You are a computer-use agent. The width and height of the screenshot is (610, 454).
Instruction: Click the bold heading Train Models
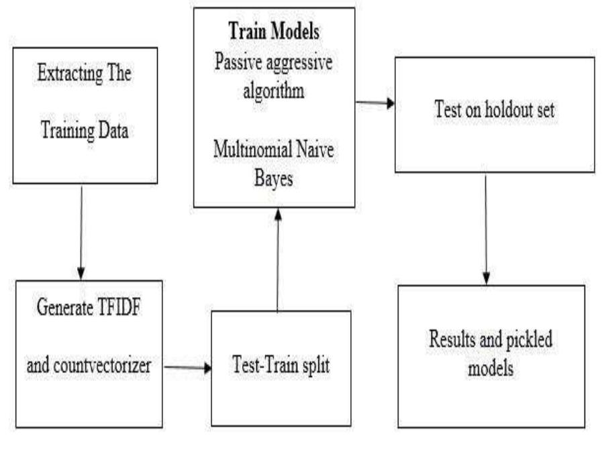click(273, 32)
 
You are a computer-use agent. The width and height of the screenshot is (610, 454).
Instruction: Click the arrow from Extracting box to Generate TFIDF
click(81, 231)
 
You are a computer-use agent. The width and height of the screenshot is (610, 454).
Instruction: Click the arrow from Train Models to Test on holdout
click(374, 104)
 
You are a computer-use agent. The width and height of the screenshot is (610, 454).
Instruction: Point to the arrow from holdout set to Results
click(487, 228)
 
